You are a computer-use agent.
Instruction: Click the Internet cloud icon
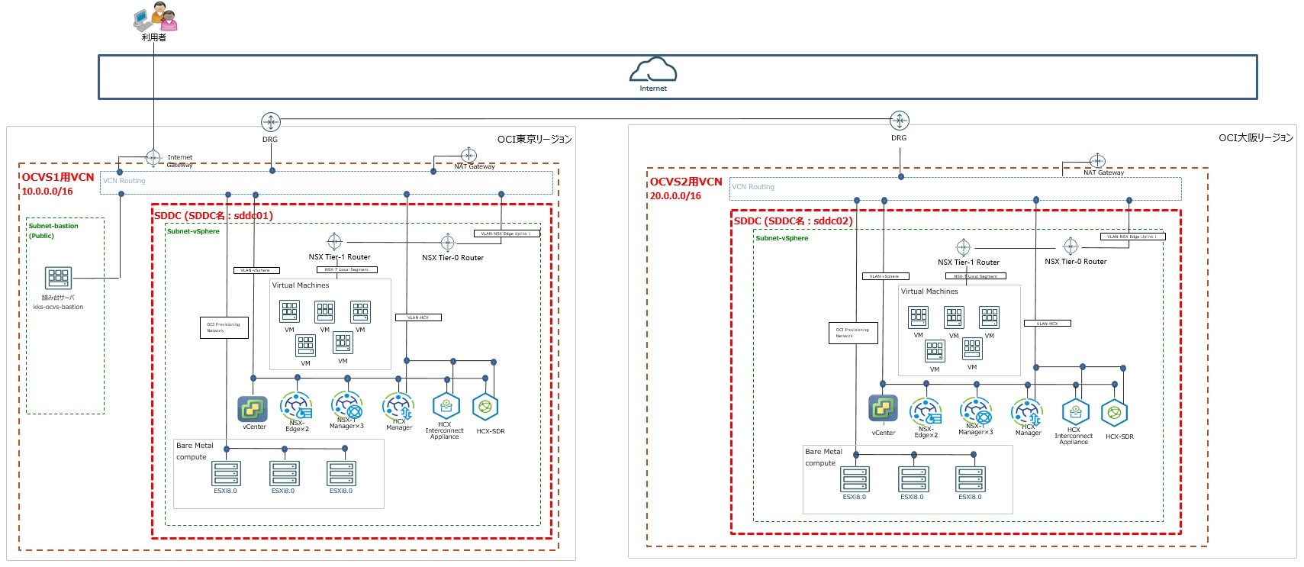click(652, 69)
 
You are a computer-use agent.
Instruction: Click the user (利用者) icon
click(155, 17)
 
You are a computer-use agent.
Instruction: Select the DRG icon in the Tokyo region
click(270, 121)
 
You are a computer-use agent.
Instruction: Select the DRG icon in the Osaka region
click(899, 121)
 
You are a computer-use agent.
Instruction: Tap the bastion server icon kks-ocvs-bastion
click(58, 278)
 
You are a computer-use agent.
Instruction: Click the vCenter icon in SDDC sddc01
click(253, 409)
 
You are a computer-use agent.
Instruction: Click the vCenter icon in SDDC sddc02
click(883, 408)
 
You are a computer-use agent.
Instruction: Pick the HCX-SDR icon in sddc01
click(485, 408)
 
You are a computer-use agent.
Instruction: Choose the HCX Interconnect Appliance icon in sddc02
click(1075, 412)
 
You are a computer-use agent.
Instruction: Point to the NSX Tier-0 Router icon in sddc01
click(448, 243)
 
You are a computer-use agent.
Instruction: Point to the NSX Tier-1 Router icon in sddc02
click(964, 247)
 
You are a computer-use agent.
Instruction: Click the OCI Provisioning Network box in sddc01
click(224, 327)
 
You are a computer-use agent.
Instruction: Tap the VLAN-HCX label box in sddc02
click(1047, 324)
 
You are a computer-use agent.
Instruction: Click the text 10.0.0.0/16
click(47, 192)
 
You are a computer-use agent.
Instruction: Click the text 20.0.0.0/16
click(675, 196)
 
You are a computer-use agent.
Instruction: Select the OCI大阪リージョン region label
click(1255, 138)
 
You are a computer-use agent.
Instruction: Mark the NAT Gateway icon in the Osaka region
click(1096, 161)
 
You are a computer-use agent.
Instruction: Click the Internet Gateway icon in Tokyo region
click(153, 158)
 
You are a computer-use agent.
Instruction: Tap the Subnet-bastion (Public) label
click(53, 230)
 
